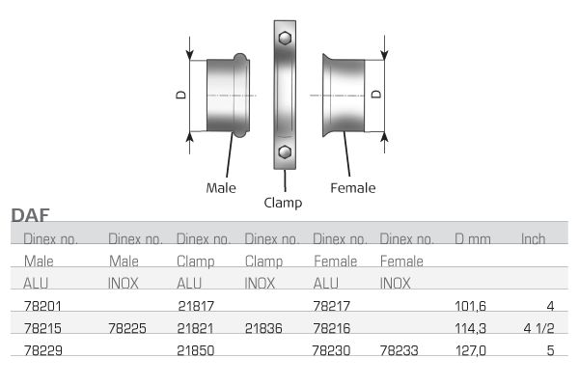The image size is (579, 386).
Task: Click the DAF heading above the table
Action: [30, 215]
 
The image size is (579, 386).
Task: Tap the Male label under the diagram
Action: [221, 187]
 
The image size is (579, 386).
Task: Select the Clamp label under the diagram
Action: [283, 203]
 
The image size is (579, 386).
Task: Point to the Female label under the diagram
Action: [352, 187]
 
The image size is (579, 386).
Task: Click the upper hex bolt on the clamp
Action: [285, 38]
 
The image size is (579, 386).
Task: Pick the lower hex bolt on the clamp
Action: [285, 152]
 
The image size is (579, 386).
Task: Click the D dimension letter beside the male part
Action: [181, 95]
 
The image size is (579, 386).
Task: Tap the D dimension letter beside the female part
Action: [376, 94]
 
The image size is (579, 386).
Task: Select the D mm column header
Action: [473, 239]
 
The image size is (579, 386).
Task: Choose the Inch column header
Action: [534, 239]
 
